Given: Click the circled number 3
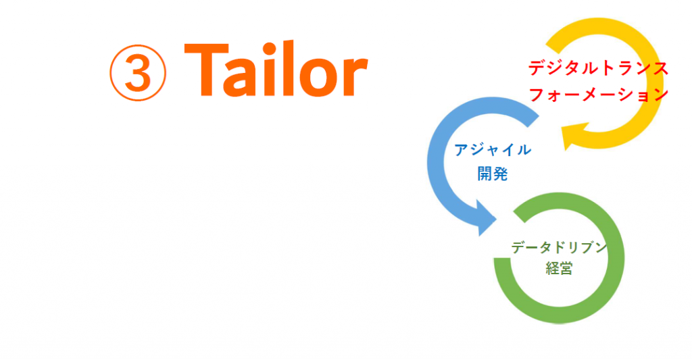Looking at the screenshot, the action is [138, 73].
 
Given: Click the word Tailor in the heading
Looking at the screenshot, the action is [276, 70].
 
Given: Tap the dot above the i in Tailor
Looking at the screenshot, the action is [265, 47].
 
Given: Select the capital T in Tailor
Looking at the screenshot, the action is [206, 70].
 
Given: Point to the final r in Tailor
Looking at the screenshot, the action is [356, 76].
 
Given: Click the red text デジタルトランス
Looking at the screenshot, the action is [599, 69].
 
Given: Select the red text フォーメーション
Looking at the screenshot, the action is [599, 95].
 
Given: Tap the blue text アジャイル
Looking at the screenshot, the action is [493, 150].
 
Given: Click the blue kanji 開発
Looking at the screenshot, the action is [493, 174].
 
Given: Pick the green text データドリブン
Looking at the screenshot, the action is [559, 247].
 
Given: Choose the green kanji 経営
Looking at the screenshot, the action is [559, 268].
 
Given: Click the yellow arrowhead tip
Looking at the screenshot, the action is [566, 150].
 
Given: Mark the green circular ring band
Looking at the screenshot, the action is [616, 258].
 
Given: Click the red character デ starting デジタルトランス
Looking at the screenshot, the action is [537, 69].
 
